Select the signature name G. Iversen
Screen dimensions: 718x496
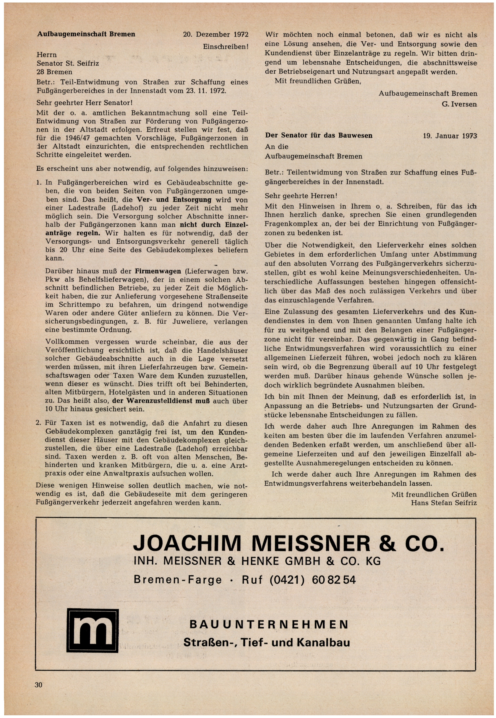[459, 104]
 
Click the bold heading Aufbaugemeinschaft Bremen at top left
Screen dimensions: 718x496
[86, 34]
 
